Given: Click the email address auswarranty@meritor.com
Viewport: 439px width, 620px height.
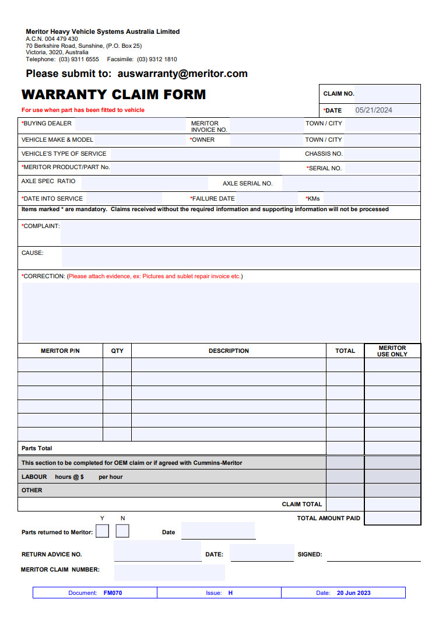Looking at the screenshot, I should (182, 74).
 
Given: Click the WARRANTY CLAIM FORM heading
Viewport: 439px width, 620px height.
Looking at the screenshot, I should (114, 94).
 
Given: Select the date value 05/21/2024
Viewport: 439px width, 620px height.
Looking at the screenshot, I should (374, 110).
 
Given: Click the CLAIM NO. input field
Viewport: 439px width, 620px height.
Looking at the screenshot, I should (387, 93).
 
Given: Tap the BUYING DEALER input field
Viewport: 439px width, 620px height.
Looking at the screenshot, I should (129, 124).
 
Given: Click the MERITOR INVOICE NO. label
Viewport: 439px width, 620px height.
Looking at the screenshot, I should (209, 127).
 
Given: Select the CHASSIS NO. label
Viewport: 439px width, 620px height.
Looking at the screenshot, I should (324, 154).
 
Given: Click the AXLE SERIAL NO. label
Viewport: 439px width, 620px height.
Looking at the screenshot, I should (247, 184).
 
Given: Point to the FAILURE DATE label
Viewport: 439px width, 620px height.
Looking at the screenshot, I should (213, 199).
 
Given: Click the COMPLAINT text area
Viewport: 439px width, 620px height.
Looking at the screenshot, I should (240, 233).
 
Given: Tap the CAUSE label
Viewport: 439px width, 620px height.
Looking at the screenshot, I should (33, 253).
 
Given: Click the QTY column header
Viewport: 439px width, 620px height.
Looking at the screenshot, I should (117, 351).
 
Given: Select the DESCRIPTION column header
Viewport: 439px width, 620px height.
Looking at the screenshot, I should (229, 351).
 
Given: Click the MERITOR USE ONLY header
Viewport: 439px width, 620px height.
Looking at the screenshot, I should (392, 351).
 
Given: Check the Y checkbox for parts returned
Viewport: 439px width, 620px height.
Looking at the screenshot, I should (102, 531).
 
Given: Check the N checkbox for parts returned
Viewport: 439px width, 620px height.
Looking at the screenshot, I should (122, 531).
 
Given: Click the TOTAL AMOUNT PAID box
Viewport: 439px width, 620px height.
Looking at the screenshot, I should (392, 518).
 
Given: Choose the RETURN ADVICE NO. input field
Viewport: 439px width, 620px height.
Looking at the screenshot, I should (157, 552).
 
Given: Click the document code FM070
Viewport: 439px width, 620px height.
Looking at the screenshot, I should (113, 593).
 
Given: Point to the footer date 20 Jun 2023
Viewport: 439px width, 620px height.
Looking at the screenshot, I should (353, 593).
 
